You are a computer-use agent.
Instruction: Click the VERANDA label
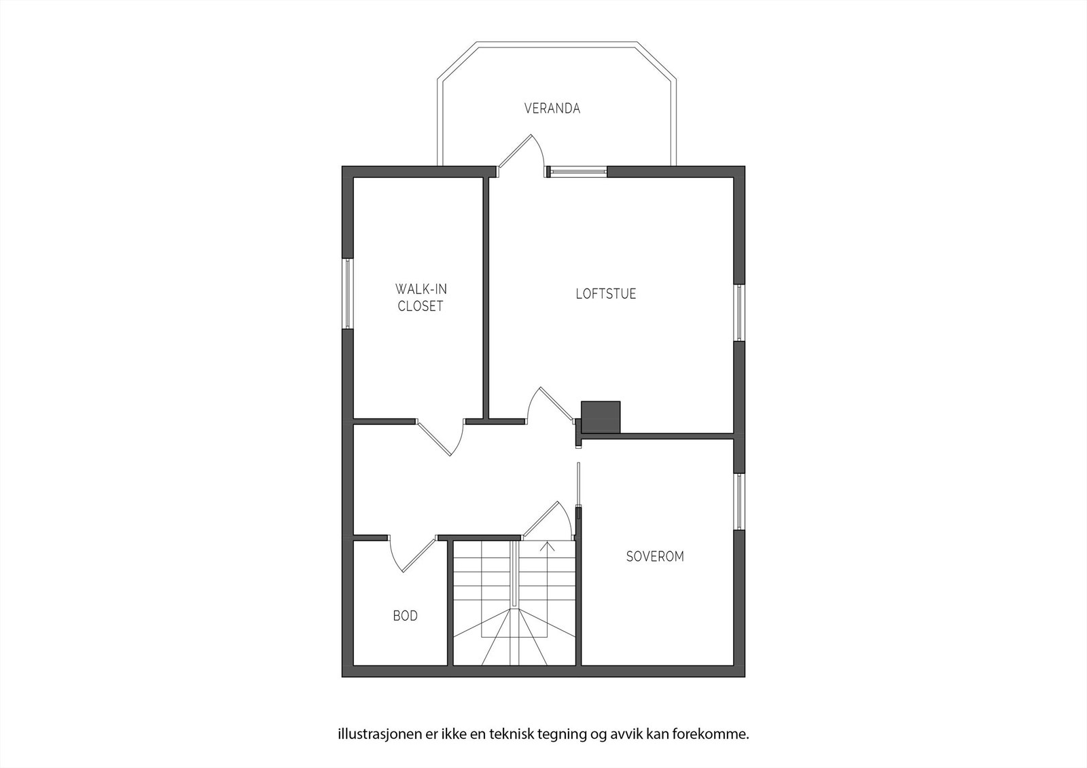point(552,108)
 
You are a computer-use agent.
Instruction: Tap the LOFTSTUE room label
point(605,294)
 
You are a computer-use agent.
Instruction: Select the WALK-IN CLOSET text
point(421,297)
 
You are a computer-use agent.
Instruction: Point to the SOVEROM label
point(654,556)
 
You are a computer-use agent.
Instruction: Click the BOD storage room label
point(405,616)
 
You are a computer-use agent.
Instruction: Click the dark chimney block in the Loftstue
point(601,416)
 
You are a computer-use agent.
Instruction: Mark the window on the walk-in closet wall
point(347,293)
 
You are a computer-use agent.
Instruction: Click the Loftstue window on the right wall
point(739,312)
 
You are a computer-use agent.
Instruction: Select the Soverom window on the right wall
point(739,500)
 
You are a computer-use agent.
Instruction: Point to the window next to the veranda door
point(577,171)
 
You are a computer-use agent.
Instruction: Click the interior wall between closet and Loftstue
point(486,299)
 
